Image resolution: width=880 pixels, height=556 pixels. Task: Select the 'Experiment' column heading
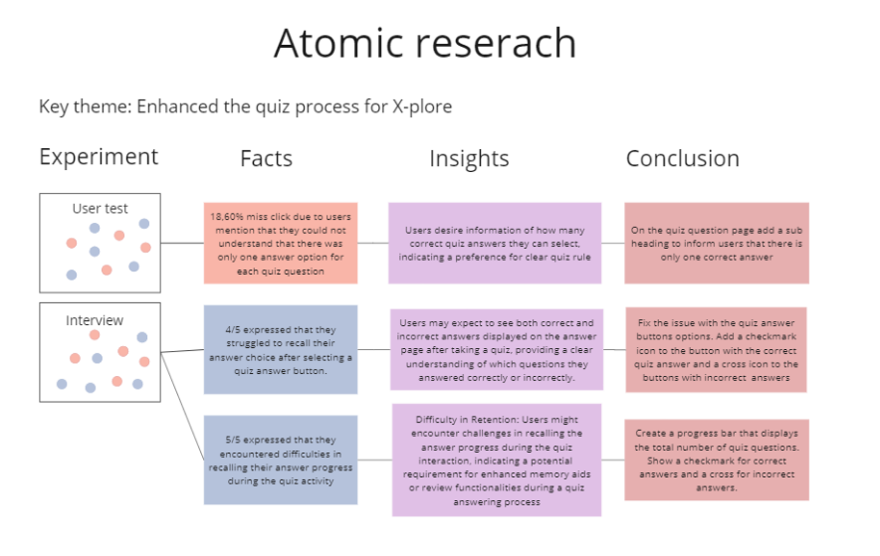pos(99,157)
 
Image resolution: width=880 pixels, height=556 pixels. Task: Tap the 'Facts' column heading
pos(266,158)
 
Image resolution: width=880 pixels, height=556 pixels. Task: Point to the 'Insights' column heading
pos(469,159)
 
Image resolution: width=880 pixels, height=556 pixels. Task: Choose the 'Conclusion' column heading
pos(683,158)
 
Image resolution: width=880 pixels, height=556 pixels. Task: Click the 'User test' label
pos(100,209)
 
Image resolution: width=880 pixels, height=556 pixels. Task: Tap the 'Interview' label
pos(95,320)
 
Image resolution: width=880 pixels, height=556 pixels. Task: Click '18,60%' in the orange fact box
pos(228,217)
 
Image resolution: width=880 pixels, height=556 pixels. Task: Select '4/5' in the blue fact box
pos(233,329)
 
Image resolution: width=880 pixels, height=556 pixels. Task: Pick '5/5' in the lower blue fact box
pos(233,440)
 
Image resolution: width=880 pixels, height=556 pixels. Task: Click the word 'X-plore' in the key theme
pos(422,106)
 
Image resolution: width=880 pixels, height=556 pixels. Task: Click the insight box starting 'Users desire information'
pos(495,244)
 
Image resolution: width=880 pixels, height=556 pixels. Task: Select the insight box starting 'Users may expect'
pos(497,350)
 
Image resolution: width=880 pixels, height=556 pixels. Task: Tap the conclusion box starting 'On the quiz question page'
pos(717,244)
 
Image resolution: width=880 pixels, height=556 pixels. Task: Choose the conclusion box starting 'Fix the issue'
pos(716,350)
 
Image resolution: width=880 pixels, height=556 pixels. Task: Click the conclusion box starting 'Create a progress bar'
pos(717,460)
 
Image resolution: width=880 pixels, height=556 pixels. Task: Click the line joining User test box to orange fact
pos(182,244)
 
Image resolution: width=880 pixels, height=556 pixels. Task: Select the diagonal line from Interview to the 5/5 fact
pos(182,407)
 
